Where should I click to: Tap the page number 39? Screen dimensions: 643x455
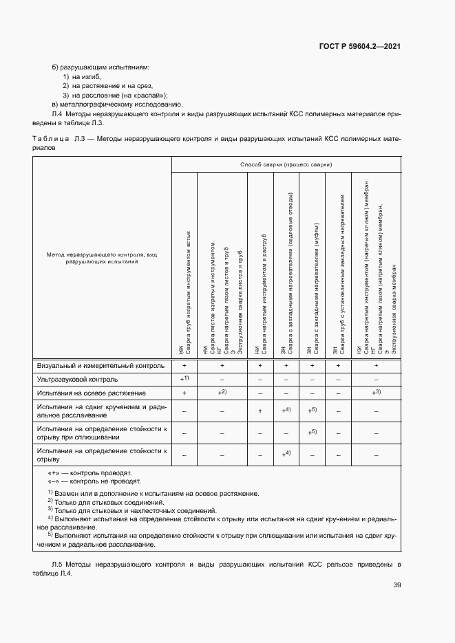(396, 585)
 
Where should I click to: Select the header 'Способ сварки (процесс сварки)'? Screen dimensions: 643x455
(286, 165)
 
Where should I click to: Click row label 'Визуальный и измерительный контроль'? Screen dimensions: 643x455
(101, 366)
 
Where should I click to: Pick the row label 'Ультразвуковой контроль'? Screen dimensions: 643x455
(77, 379)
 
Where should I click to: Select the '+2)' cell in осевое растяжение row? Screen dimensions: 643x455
(222, 392)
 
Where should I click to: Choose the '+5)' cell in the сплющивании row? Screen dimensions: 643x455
(313, 432)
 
